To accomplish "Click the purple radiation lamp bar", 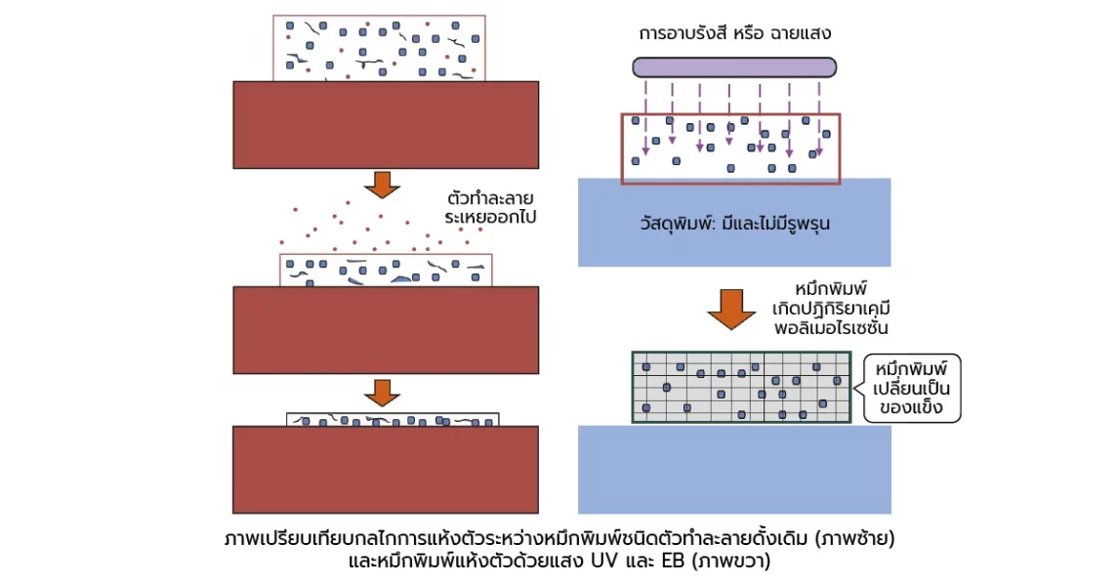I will (734, 67).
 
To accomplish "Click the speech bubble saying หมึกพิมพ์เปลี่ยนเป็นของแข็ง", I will (911, 388).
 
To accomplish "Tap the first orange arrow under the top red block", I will (382, 184).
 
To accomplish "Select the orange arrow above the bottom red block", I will (382, 393).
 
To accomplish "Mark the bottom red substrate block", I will (385, 470).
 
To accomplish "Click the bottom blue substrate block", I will (734, 469).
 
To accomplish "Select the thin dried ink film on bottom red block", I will (393, 420).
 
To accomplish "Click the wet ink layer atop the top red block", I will (379, 47).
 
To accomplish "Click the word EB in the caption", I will (675, 562).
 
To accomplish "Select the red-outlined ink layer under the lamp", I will (730, 147).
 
